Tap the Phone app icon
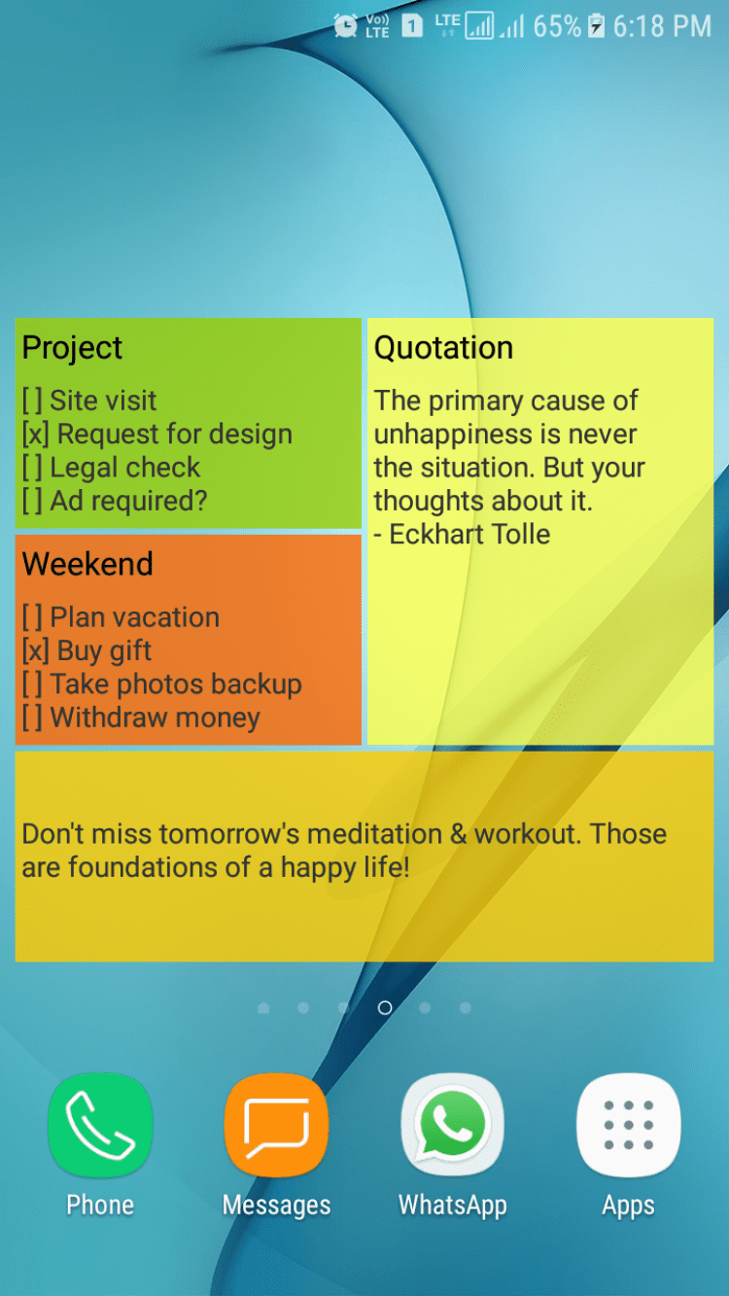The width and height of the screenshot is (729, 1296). (100, 1125)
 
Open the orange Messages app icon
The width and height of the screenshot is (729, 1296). (277, 1125)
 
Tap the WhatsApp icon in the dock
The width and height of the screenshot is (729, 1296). (452, 1125)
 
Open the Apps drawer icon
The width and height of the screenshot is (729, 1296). (628, 1125)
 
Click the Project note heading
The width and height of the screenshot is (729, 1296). (72, 348)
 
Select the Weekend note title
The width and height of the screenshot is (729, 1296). (87, 564)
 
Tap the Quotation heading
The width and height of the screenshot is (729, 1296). (443, 348)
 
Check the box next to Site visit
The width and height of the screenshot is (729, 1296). (32, 401)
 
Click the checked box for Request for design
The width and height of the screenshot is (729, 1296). (35, 434)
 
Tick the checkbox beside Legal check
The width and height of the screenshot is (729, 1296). (32, 468)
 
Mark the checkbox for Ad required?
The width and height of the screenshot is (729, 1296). (32, 501)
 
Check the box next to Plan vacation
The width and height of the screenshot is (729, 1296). (32, 616)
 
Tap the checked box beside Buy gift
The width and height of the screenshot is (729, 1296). (35, 650)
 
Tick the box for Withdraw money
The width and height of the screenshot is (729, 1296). (32, 718)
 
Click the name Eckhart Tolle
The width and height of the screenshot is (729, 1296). (469, 534)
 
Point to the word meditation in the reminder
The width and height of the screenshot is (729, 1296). (374, 834)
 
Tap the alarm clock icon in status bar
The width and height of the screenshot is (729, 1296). (345, 26)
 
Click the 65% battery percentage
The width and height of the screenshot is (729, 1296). (557, 26)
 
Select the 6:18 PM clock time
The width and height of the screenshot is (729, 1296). (662, 26)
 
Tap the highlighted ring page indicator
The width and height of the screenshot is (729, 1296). (385, 1007)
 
